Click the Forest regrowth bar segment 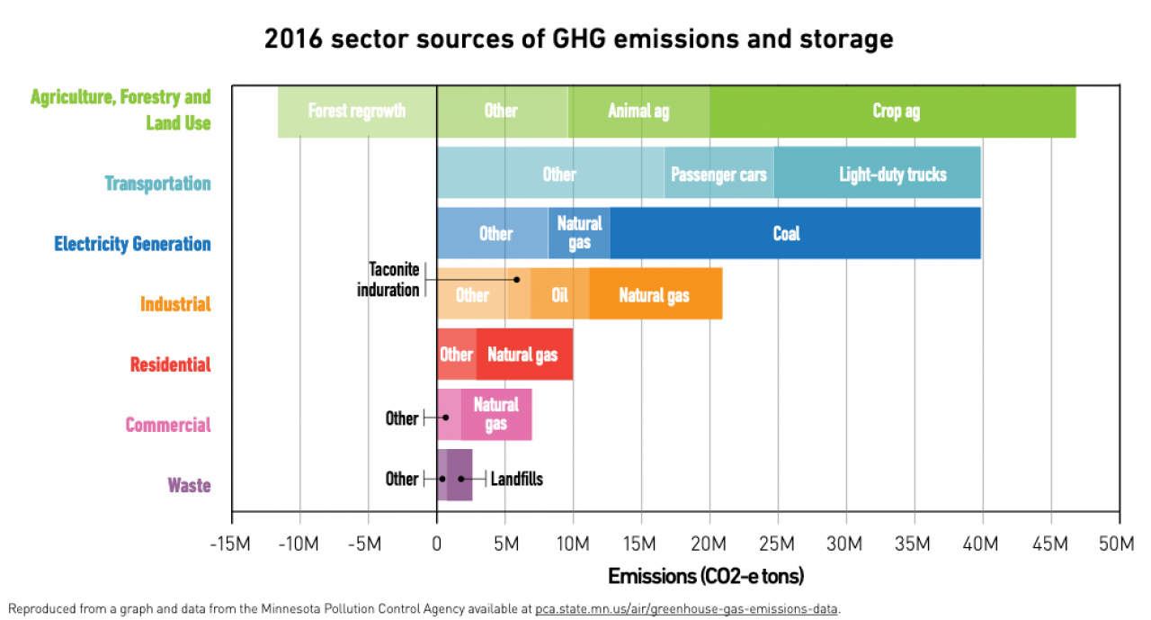(357, 112)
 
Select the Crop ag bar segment (896, 112)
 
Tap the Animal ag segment (638, 112)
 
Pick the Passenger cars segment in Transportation (718, 174)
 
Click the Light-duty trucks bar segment (892, 174)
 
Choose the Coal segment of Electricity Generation (786, 234)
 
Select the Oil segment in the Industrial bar (559, 294)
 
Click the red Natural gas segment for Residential (522, 355)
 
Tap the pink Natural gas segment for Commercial (496, 414)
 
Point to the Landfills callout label (516, 479)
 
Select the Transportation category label (157, 184)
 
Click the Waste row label (189, 486)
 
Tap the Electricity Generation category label (132, 244)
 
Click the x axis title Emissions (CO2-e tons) (706, 576)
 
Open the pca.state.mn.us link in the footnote (686, 609)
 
